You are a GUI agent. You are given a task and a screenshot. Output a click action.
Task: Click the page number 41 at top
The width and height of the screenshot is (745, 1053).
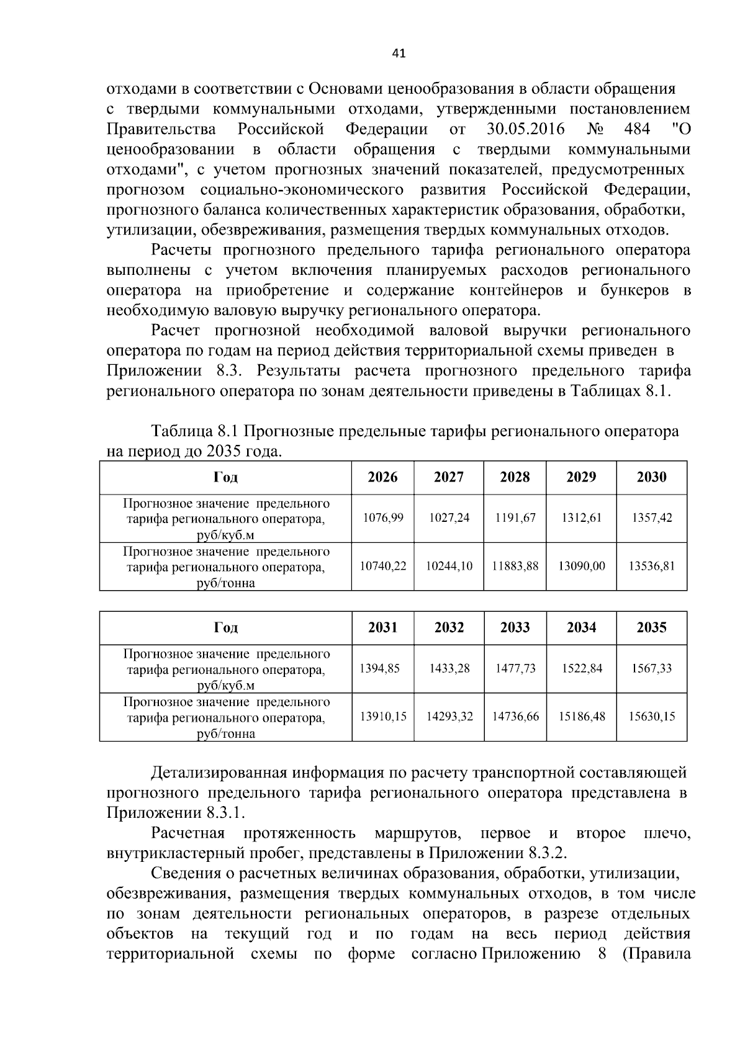[399, 53]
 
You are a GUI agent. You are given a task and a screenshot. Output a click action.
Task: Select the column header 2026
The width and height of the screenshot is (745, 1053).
[382, 477]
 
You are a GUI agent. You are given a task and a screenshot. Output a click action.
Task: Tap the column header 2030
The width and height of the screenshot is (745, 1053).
[651, 477]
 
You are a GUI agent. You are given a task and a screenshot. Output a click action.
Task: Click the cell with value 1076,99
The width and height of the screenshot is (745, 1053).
[382, 518]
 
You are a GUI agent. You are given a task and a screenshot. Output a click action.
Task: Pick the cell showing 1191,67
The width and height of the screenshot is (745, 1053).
[515, 518]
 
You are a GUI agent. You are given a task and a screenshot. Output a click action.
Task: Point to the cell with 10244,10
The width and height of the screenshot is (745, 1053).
[449, 566]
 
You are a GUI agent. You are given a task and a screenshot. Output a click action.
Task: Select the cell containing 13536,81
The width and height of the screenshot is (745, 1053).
[651, 566]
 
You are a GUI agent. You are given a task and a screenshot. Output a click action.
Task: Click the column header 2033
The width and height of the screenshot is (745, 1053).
[515, 627]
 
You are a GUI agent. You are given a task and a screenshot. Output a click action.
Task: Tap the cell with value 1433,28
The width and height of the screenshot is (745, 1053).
[449, 668]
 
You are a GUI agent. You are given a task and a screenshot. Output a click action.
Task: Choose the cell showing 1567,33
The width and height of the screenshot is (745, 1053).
[651, 668]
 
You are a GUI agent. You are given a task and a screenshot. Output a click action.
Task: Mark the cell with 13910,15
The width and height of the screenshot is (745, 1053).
[382, 716]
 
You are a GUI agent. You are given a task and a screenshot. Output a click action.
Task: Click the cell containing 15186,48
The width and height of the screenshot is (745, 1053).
[582, 716]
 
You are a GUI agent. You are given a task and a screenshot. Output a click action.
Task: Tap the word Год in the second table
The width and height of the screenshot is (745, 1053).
[225, 627]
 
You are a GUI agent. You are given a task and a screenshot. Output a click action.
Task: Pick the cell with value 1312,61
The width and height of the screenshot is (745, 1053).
[582, 518]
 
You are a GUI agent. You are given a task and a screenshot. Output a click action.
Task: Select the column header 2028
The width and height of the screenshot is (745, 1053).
[515, 477]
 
